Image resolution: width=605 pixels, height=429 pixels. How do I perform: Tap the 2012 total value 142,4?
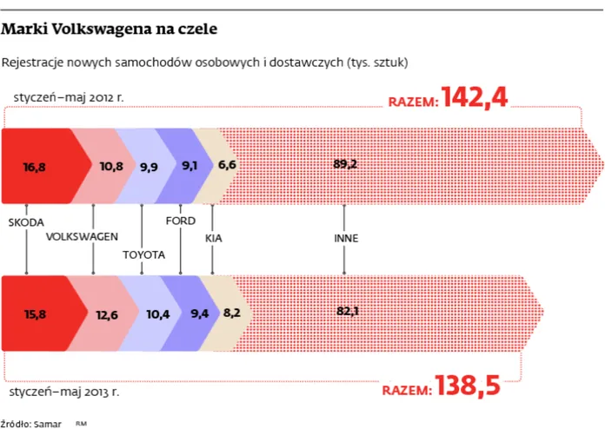click(474, 98)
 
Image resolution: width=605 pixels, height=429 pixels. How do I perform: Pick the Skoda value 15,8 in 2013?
click(34, 313)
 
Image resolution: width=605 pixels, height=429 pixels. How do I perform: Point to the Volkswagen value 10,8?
click(111, 165)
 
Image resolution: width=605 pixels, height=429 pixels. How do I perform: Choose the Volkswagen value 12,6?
click(107, 314)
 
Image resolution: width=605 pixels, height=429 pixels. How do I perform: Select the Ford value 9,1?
click(190, 165)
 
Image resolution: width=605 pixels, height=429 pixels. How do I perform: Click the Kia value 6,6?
click(227, 165)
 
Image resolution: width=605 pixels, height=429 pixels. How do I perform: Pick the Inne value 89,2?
click(345, 164)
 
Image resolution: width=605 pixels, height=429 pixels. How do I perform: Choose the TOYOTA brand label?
click(143, 254)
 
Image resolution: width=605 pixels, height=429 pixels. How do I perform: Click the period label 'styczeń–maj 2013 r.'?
click(65, 393)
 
